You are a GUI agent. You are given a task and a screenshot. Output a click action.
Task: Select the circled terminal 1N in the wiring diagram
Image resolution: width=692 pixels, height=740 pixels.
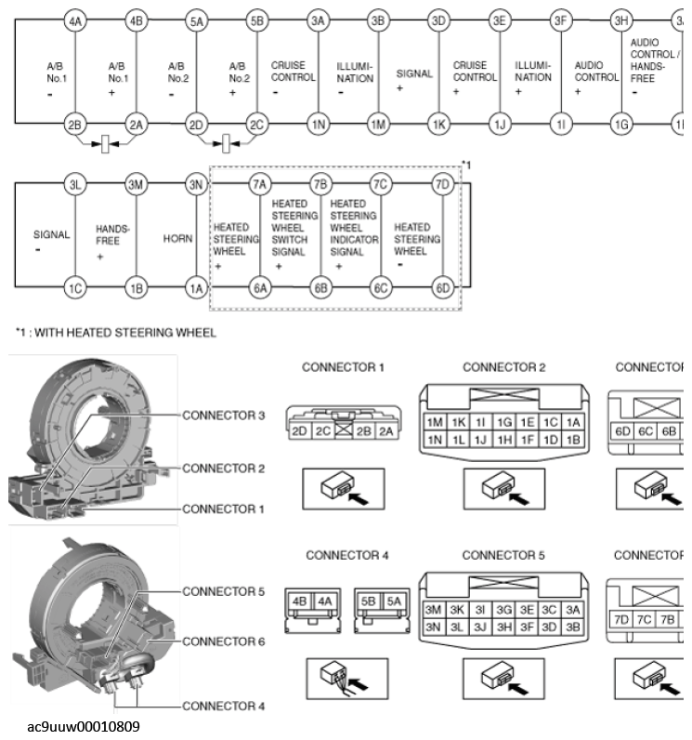tap(318, 124)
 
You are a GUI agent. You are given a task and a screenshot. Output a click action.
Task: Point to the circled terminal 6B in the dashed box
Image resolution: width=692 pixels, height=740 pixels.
tap(321, 288)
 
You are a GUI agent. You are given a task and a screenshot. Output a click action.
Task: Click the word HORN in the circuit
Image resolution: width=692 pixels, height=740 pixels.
tap(176, 238)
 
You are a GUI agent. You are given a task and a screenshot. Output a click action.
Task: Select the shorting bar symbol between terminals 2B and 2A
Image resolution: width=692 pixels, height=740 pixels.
tap(107, 144)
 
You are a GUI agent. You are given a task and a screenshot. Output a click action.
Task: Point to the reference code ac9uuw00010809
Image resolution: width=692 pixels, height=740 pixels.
tap(85, 725)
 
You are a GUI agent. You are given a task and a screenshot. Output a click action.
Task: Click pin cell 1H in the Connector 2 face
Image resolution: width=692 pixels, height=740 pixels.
tap(504, 439)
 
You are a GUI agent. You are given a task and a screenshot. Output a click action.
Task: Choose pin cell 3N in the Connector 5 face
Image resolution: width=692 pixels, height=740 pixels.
tap(434, 627)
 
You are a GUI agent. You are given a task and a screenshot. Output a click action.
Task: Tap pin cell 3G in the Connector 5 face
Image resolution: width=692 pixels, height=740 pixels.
tap(504, 611)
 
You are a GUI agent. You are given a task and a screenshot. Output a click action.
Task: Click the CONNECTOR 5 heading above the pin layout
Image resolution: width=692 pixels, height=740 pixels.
tap(503, 555)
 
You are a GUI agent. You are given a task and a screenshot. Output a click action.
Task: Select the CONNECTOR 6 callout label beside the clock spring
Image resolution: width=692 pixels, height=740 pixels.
tap(223, 641)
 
